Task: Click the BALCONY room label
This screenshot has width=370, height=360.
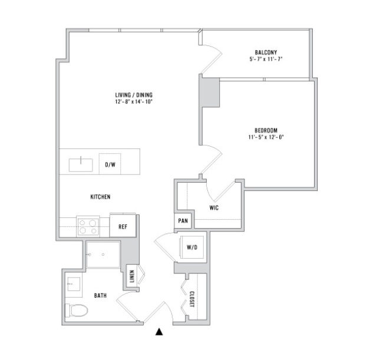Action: [266, 52]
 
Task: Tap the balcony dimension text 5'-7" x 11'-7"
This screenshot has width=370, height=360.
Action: [266, 59]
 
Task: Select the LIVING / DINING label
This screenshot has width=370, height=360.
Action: [134, 95]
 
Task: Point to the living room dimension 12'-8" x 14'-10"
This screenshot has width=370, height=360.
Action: [134, 102]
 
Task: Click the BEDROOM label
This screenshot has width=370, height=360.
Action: [266, 130]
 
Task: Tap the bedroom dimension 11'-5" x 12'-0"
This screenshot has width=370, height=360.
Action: [266, 137]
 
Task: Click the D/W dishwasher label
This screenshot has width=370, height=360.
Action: [110, 164]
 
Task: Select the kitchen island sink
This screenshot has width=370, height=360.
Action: [81, 165]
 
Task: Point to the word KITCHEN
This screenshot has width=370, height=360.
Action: [100, 197]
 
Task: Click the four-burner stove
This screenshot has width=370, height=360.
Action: [88, 226]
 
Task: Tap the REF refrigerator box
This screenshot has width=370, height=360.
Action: [123, 226]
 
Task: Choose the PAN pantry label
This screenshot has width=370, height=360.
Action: [183, 221]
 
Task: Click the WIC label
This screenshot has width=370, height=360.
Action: [214, 208]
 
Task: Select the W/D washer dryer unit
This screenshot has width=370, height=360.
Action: [192, 247]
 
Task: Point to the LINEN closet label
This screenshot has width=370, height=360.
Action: [132, 276]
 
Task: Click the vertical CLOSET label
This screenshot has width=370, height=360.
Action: [192, 299]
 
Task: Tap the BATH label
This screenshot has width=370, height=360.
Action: [100, 295]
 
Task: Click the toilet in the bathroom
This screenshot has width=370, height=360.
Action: [77, 311]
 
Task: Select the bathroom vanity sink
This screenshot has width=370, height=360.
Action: [74, 284]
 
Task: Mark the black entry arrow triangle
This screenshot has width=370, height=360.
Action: [159, 332]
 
